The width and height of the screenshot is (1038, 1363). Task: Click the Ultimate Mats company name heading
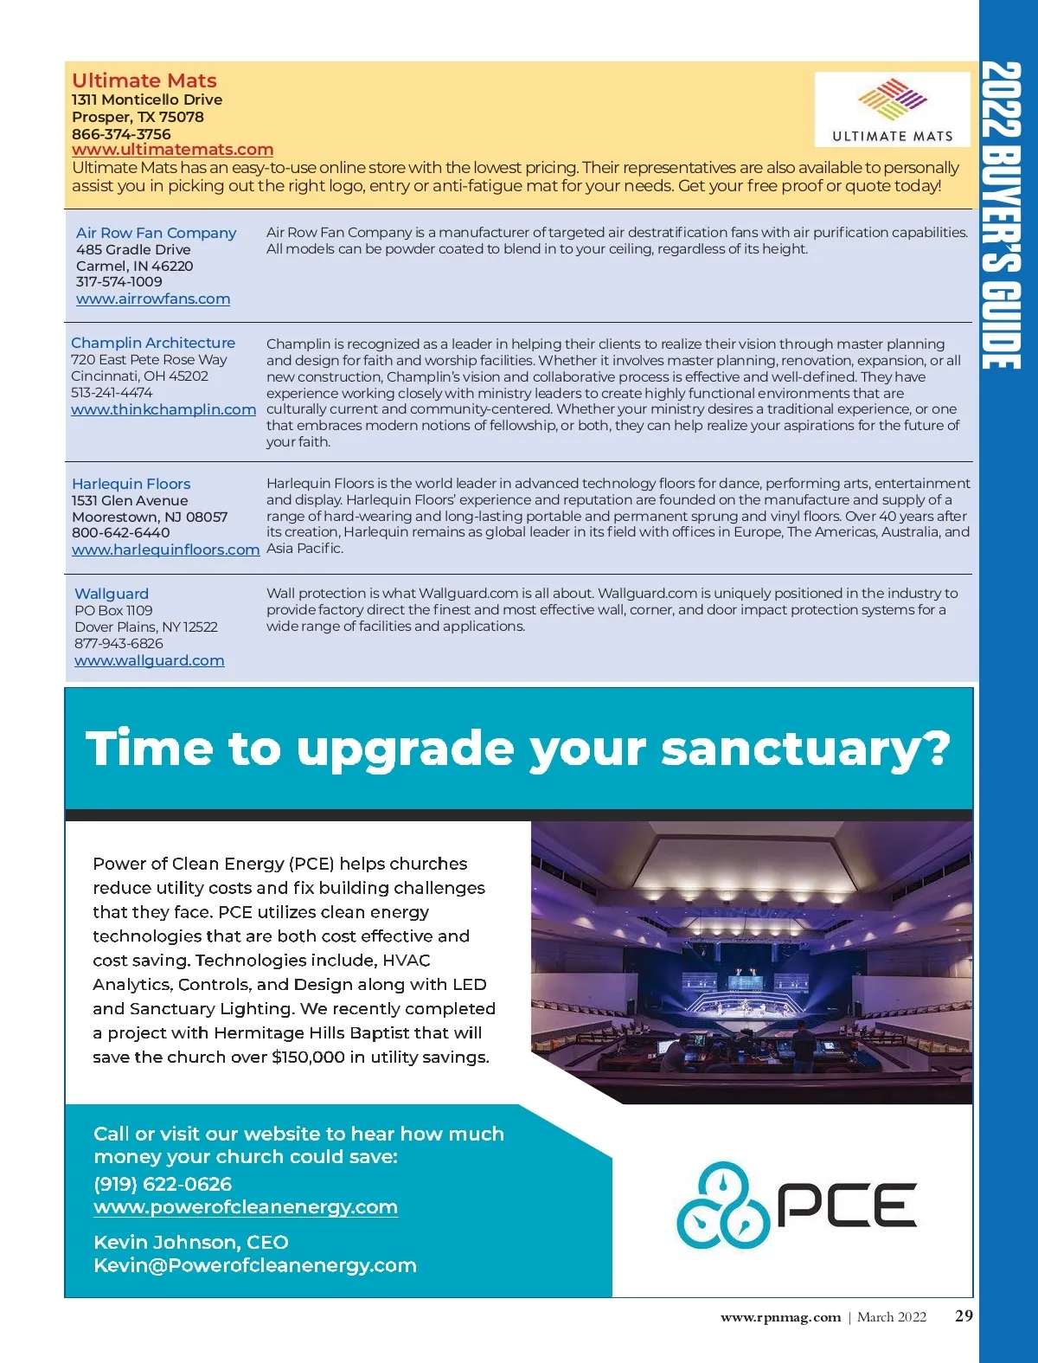[144, 80]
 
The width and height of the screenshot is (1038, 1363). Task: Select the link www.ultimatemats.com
[172, 150]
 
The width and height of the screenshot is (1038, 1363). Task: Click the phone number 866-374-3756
[121, 134]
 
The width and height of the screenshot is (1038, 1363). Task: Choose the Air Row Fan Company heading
[156, 233]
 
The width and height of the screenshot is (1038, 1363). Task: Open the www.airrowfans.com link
[153, 299]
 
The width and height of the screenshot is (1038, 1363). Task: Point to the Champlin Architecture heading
[153, 343]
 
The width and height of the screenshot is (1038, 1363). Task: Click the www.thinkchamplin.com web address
[163, 409]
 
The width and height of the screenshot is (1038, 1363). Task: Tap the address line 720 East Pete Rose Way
[149, 359]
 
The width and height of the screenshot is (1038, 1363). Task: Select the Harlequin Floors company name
[131, 484]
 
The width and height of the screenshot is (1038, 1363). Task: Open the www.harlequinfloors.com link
[165, 550]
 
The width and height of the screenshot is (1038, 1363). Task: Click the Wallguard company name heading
[112, 594]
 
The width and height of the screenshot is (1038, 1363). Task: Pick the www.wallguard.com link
[149, 660]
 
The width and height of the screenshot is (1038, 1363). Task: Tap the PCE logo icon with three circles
[722, 1205]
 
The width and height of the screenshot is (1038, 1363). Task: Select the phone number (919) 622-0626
[163, 1184]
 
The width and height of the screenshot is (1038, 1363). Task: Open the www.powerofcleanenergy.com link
[246, 1207]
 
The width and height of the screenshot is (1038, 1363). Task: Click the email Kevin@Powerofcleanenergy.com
[255, 1265]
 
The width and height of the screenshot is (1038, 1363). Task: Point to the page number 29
[964, 1316]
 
